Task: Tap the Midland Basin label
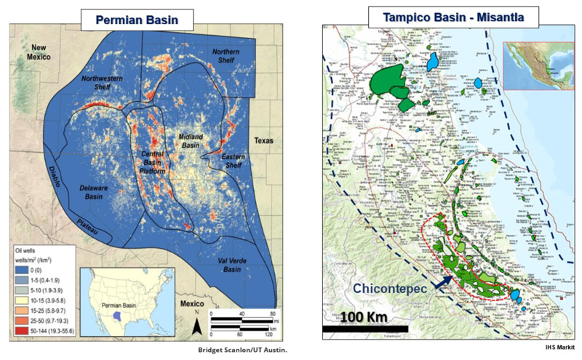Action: click(x=191, y=141)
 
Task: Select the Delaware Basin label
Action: click(x=93, y=192)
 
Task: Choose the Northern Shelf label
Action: click(x=222, y=57)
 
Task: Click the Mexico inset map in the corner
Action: click(x=534, y=65)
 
